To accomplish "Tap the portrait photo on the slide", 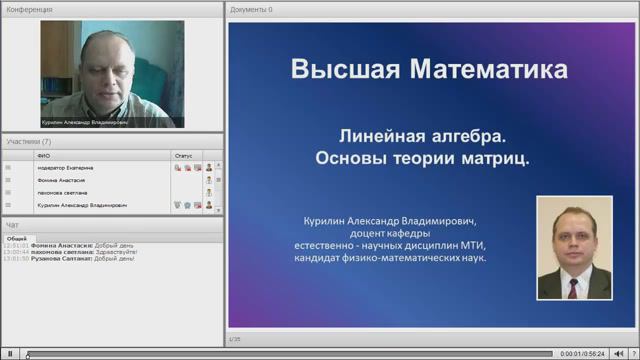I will point(573,247).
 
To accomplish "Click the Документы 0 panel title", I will point(251,9).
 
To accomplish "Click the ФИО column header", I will point(43,156).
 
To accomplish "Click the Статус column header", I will point(183,156).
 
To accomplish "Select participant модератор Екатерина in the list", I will point(65,168).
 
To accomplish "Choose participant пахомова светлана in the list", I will point(62,192).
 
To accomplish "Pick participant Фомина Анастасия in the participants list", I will point(61,180).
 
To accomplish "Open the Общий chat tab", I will point(16,239).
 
